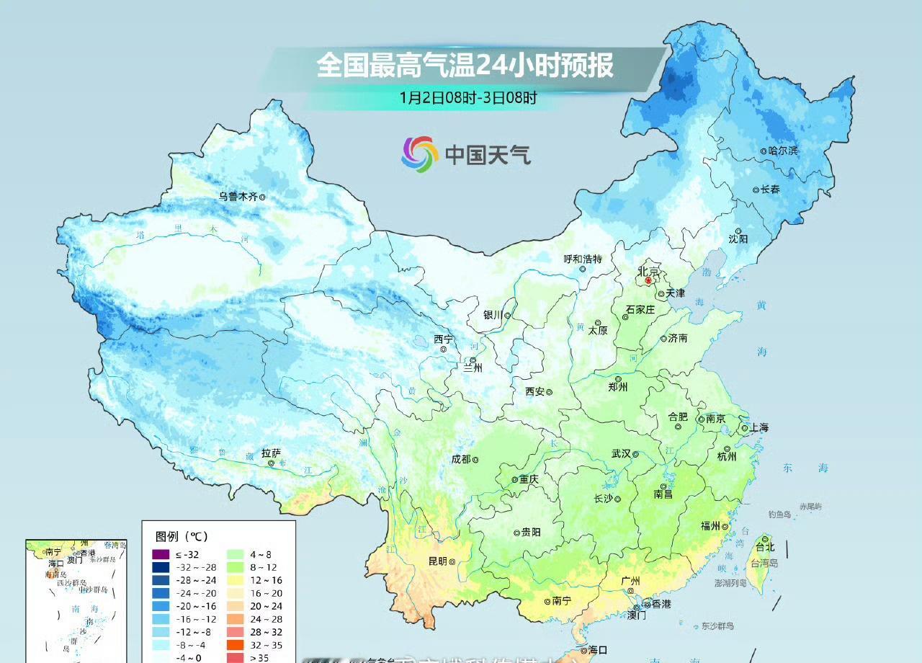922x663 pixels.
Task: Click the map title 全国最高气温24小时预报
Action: tap(465, 66)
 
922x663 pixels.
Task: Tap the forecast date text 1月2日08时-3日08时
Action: tap(468, 98)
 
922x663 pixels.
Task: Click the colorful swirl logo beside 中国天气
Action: tap(420, 154)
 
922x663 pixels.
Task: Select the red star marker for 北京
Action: tap(648, 280)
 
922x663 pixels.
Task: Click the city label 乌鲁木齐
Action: tap(238, 196)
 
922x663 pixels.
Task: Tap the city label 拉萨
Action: tap(271, 453)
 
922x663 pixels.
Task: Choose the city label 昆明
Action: tap(437, 561)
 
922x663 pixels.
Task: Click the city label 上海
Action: tap(759, 427)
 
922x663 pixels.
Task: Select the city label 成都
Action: tap(460, 459)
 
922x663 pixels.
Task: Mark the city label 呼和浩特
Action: tap(582, 259)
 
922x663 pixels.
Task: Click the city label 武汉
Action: tap(621, 454)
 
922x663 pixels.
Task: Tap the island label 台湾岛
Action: tap(764, 563)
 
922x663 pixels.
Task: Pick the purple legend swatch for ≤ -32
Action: tap(161, 554)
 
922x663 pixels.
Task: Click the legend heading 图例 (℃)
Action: tap(182, 536)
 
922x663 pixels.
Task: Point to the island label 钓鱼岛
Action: tap(779, 514)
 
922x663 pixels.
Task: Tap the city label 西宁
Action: tap(444, 339)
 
